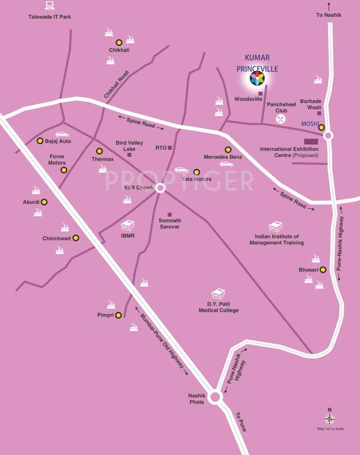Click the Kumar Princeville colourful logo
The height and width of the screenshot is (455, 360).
tap(257, 79)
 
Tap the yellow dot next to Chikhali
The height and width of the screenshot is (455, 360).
tap(119, 42)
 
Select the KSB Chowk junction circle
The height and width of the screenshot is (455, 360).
tap(160, 188)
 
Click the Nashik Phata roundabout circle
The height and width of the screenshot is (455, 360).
tap(215, 396)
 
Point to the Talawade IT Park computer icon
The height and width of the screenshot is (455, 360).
tap(49, 5)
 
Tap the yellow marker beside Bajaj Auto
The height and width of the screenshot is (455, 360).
tap(40, 141)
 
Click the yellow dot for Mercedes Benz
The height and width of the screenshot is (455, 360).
tap(228, 149)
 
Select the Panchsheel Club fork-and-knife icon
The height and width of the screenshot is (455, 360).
tap(281, 118)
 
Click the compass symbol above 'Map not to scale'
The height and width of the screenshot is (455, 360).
tap(330, 419)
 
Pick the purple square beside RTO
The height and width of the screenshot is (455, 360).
tap(170, 148)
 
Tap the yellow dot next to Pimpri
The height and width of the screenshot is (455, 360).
tap(119, 315)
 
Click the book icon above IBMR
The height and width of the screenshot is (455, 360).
tap(128, 226)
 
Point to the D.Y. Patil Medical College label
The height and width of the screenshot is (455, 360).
tap(218, 307)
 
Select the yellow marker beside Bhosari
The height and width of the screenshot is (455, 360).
tap(323, 270)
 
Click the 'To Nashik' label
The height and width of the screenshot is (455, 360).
tap(329, 14)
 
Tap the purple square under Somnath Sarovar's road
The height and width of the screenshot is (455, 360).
tap(170, 214)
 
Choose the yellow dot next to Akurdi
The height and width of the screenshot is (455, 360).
tap(44, 202)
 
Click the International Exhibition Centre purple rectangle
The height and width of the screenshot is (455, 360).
tap(311, 141)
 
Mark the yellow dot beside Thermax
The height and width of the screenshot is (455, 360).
tap(99, 151)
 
